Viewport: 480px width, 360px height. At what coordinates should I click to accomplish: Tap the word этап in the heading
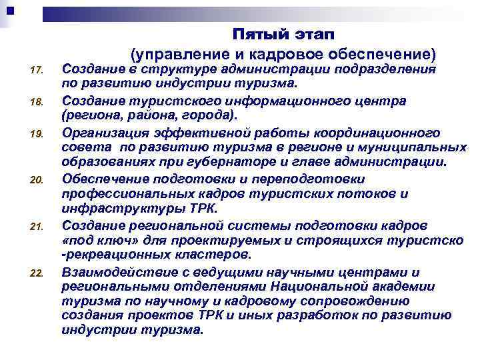click(x=312, y=33)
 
